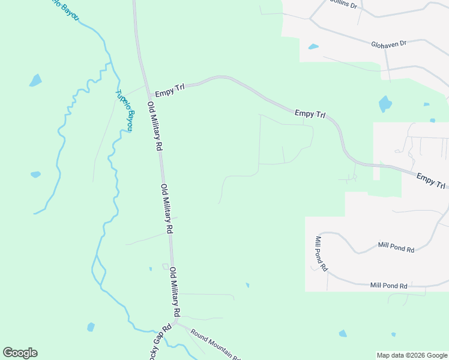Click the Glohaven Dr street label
point(388,44)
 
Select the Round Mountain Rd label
point(215,345)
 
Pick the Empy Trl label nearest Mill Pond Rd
point(431,181)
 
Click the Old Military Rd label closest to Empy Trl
point(155,126)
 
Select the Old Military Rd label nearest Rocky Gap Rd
point(175,292)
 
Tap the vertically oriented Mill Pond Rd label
point(321,253)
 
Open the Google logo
point(20,353)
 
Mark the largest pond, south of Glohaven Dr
point(385,104)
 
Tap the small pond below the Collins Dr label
point(313,46)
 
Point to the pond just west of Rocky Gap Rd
point(91,327)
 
